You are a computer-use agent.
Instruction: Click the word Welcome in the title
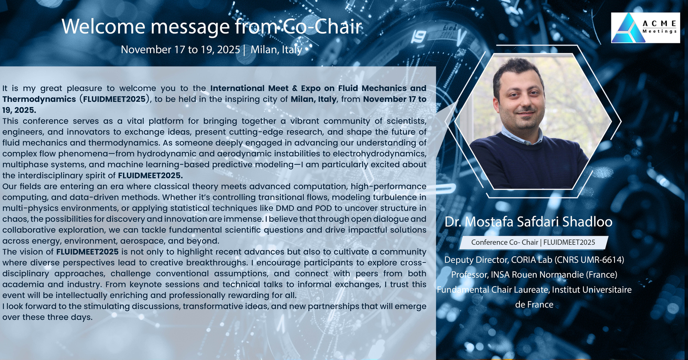(x=103, y=26)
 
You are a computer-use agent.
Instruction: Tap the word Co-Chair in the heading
(x=322, y=26)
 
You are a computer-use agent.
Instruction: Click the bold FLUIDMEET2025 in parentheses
(x=114, y=99)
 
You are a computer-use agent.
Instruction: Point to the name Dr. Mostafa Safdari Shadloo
(x=528, y=222)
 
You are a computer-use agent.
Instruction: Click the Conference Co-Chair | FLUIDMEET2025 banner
(x=533, y=242)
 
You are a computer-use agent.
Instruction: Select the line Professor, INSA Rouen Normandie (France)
(x=534, y=274)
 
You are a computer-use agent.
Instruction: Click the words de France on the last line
(x=534, y=305)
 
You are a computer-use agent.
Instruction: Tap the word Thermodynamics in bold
(x=39, y=99)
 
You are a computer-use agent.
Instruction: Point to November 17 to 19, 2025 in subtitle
(x=180, y=49)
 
